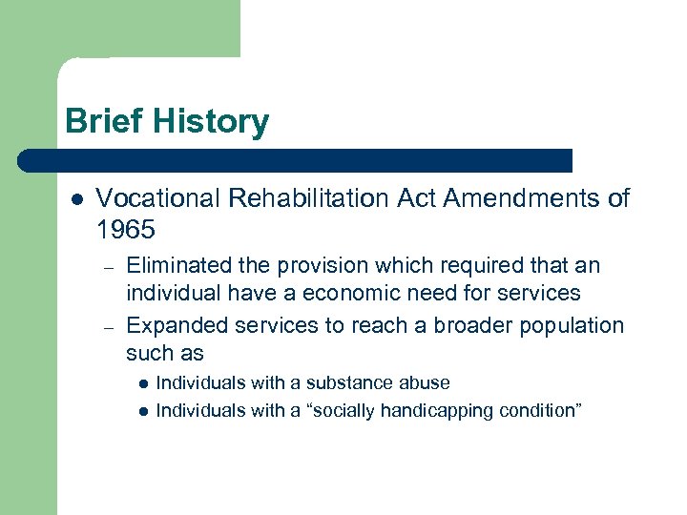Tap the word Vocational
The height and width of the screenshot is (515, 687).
[156, 198]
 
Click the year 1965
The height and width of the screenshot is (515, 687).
[125, 230]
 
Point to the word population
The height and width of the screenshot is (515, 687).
[572, 325]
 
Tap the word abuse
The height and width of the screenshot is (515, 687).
[426, 383]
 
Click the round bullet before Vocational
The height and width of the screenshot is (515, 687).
[76, 199]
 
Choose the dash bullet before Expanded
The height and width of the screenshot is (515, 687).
[110, 326]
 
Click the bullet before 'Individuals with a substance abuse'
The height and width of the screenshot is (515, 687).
[141, 383]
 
